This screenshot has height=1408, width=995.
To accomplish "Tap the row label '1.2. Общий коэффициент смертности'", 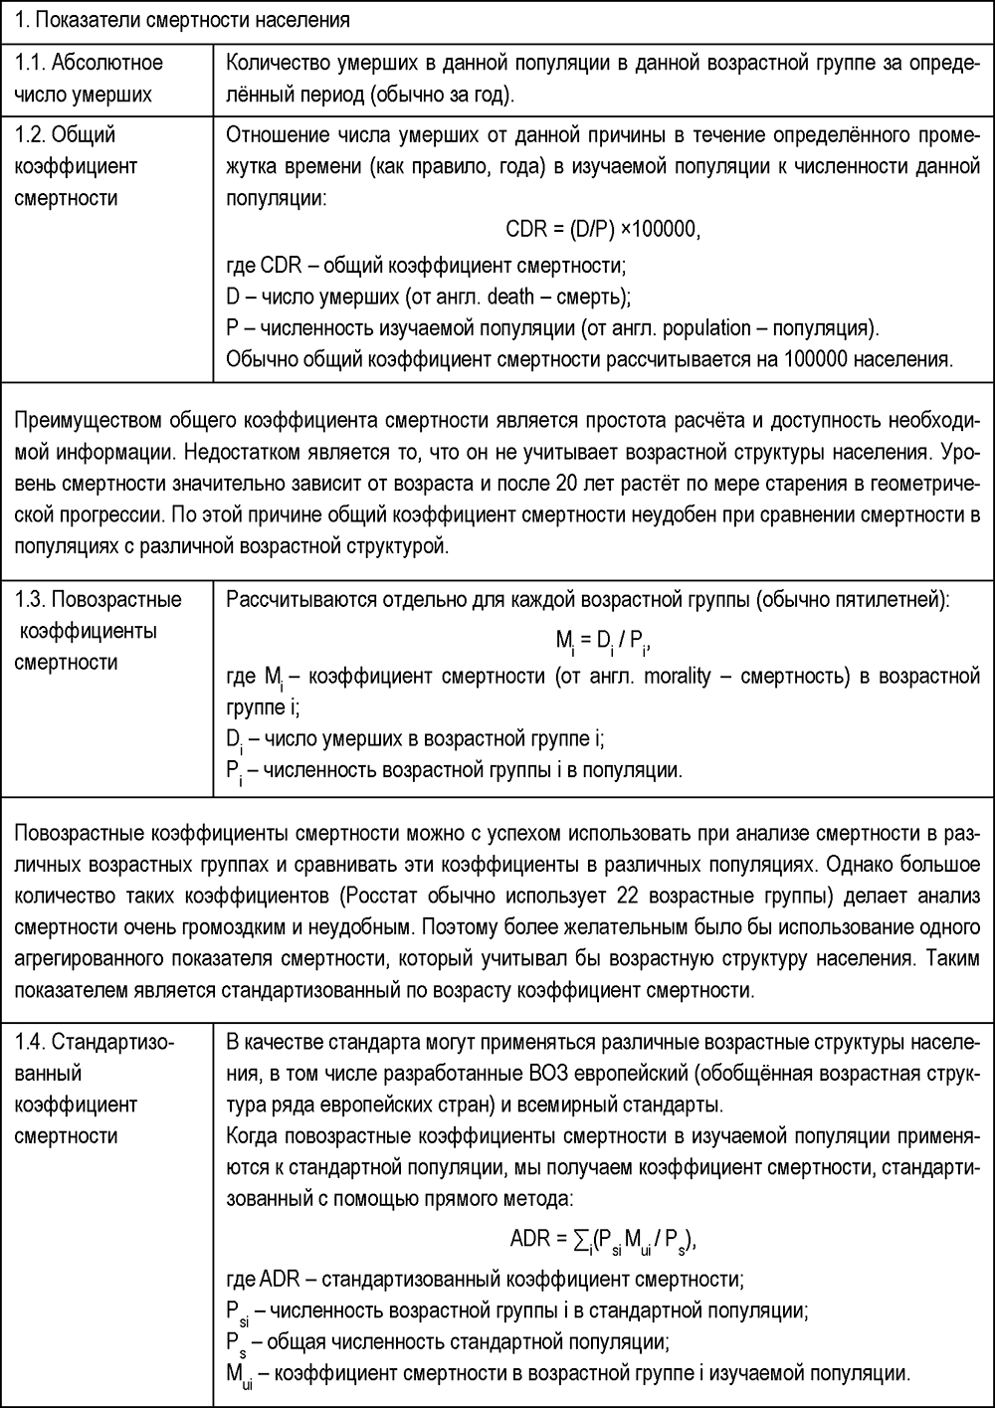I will coord(76,166).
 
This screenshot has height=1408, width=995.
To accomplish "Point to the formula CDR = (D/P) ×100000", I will coord(603,229).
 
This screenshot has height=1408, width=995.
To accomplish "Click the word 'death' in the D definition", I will coord(510,297).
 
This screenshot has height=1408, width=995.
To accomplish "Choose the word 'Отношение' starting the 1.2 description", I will coord(274,135).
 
